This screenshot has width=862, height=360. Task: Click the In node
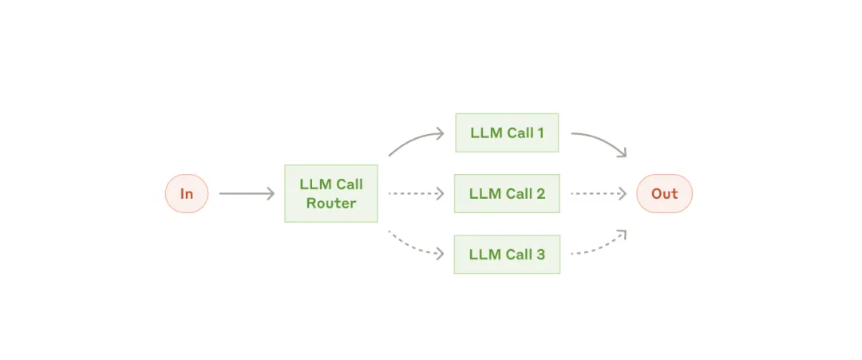tap(187, 193)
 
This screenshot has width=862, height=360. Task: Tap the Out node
tap(665, 193)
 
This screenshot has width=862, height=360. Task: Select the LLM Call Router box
tap(331, 193)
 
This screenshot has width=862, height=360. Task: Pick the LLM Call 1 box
tap(507, 133)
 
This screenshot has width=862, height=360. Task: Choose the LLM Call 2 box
tap(507, 193)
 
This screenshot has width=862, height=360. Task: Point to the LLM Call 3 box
tap(507, 255)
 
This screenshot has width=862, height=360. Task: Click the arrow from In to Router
tap(247, 193)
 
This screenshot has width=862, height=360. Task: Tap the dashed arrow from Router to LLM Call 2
tap(416, 193)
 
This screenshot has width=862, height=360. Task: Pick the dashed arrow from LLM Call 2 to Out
tap(599, 193)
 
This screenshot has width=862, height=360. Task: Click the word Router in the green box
tap(331, 204)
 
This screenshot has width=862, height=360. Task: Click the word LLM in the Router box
tap(312, 184)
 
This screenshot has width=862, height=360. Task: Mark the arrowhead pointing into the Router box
tap(271, 193)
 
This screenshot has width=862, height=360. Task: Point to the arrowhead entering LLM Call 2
tap(441, 193)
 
